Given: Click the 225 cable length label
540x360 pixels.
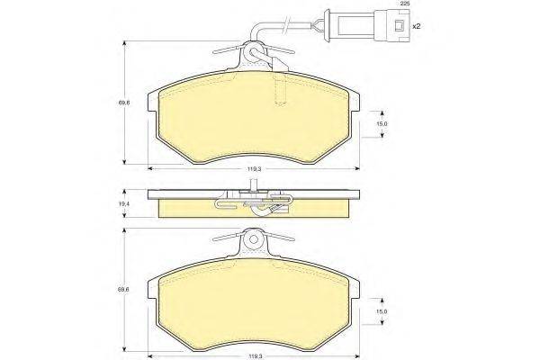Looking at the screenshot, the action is pyautogui.click(x=404, y=4).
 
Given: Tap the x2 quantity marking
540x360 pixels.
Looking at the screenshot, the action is pyautogui.click(x=417, y=26).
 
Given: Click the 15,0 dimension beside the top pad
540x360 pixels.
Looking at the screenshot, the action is pyautogui.click(x=382, y=124).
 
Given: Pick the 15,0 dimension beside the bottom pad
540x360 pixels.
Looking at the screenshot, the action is pyautogui.click(x=382, y=311).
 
